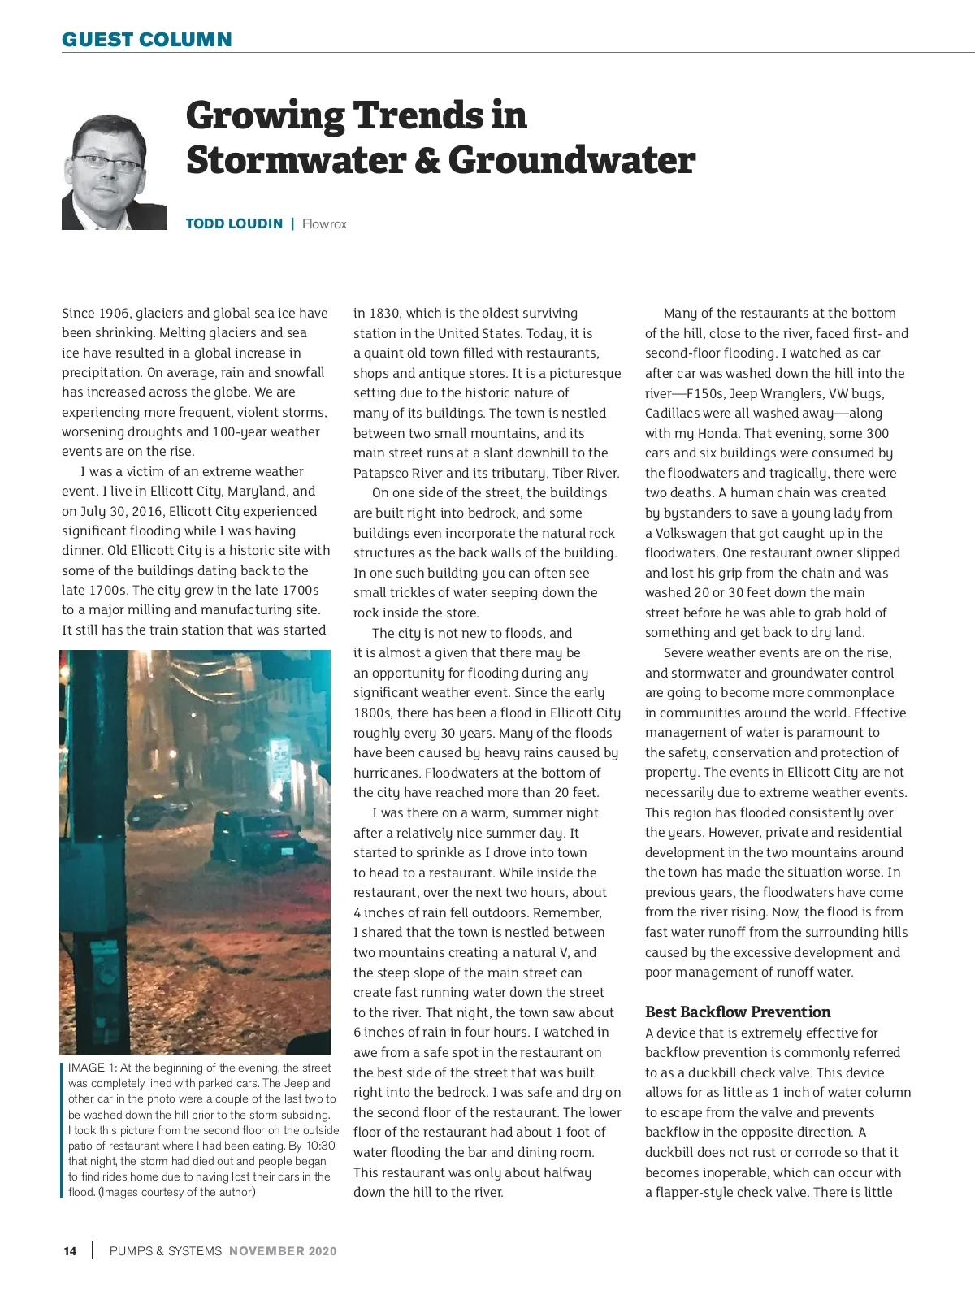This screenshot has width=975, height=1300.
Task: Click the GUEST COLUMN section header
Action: point(146,39)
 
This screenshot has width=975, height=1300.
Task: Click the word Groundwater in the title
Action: point(571,159)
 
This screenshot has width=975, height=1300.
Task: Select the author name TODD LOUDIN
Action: point(234,223)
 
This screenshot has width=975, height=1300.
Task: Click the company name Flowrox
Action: point(324,223)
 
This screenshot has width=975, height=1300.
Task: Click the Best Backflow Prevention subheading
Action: point(737,1012)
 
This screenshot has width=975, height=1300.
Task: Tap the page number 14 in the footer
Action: point(70,1251)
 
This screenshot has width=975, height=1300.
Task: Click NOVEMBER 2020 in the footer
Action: point(282,1251)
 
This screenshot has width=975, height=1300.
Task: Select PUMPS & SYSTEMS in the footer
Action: point(165,1251)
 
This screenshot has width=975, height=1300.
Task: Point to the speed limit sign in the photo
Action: point(280,756)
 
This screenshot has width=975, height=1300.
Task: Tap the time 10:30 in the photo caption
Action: point(321,1146)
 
